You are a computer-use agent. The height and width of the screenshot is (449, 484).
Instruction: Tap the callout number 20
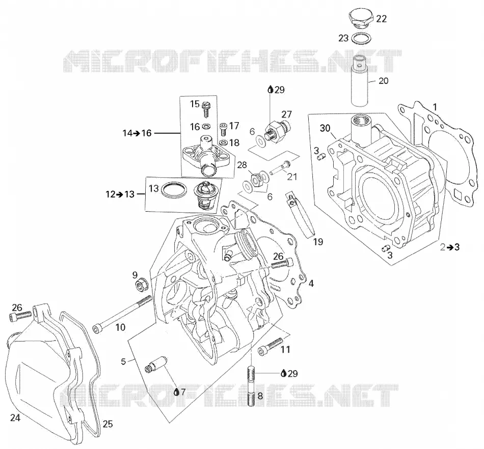point(383,81)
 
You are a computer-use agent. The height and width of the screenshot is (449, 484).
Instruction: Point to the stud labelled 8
point(251,385)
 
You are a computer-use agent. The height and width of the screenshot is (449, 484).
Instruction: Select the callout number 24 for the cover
point(15,418)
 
